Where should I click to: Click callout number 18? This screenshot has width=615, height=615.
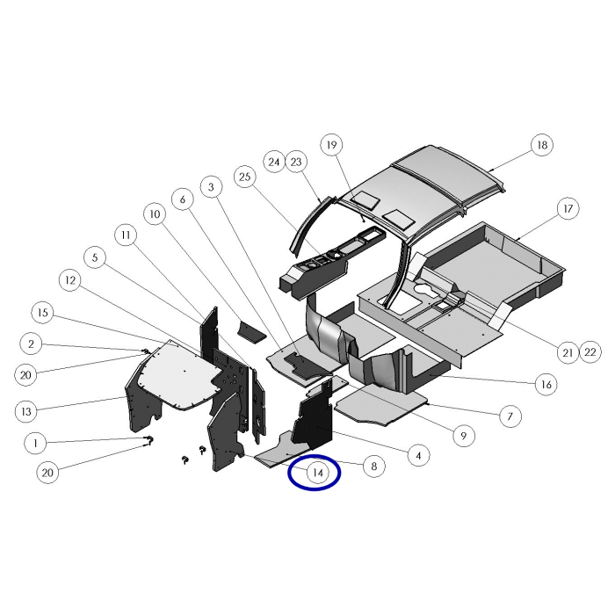point(542,145)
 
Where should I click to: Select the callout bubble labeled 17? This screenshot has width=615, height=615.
point(568,209)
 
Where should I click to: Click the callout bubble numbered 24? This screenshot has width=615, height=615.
point(274,163)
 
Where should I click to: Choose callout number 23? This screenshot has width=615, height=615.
point(295,163)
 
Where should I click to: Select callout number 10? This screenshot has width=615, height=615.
point(154,214)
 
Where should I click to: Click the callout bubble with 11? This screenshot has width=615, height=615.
point(126,235)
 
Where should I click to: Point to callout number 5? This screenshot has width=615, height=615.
point(95,257)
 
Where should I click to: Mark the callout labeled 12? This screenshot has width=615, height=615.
point(70,281)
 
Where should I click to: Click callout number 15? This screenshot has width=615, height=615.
point(41,312)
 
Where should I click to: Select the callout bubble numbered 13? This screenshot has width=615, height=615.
point(25,410)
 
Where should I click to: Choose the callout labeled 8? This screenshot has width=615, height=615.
point(373,467)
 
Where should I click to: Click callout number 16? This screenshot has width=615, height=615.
point(546,385)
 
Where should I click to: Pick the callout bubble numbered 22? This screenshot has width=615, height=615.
point(590,352)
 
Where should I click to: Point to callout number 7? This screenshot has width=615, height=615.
point(509,414)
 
